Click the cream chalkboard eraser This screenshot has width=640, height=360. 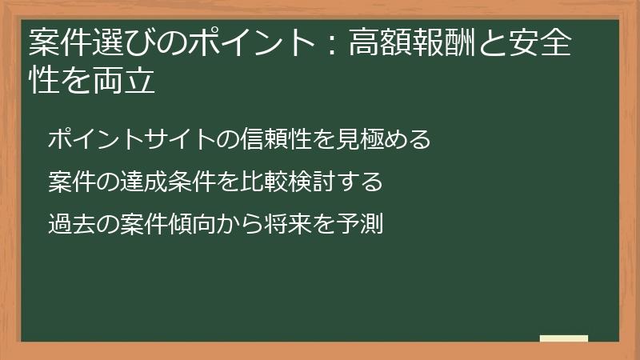click(563, 338)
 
